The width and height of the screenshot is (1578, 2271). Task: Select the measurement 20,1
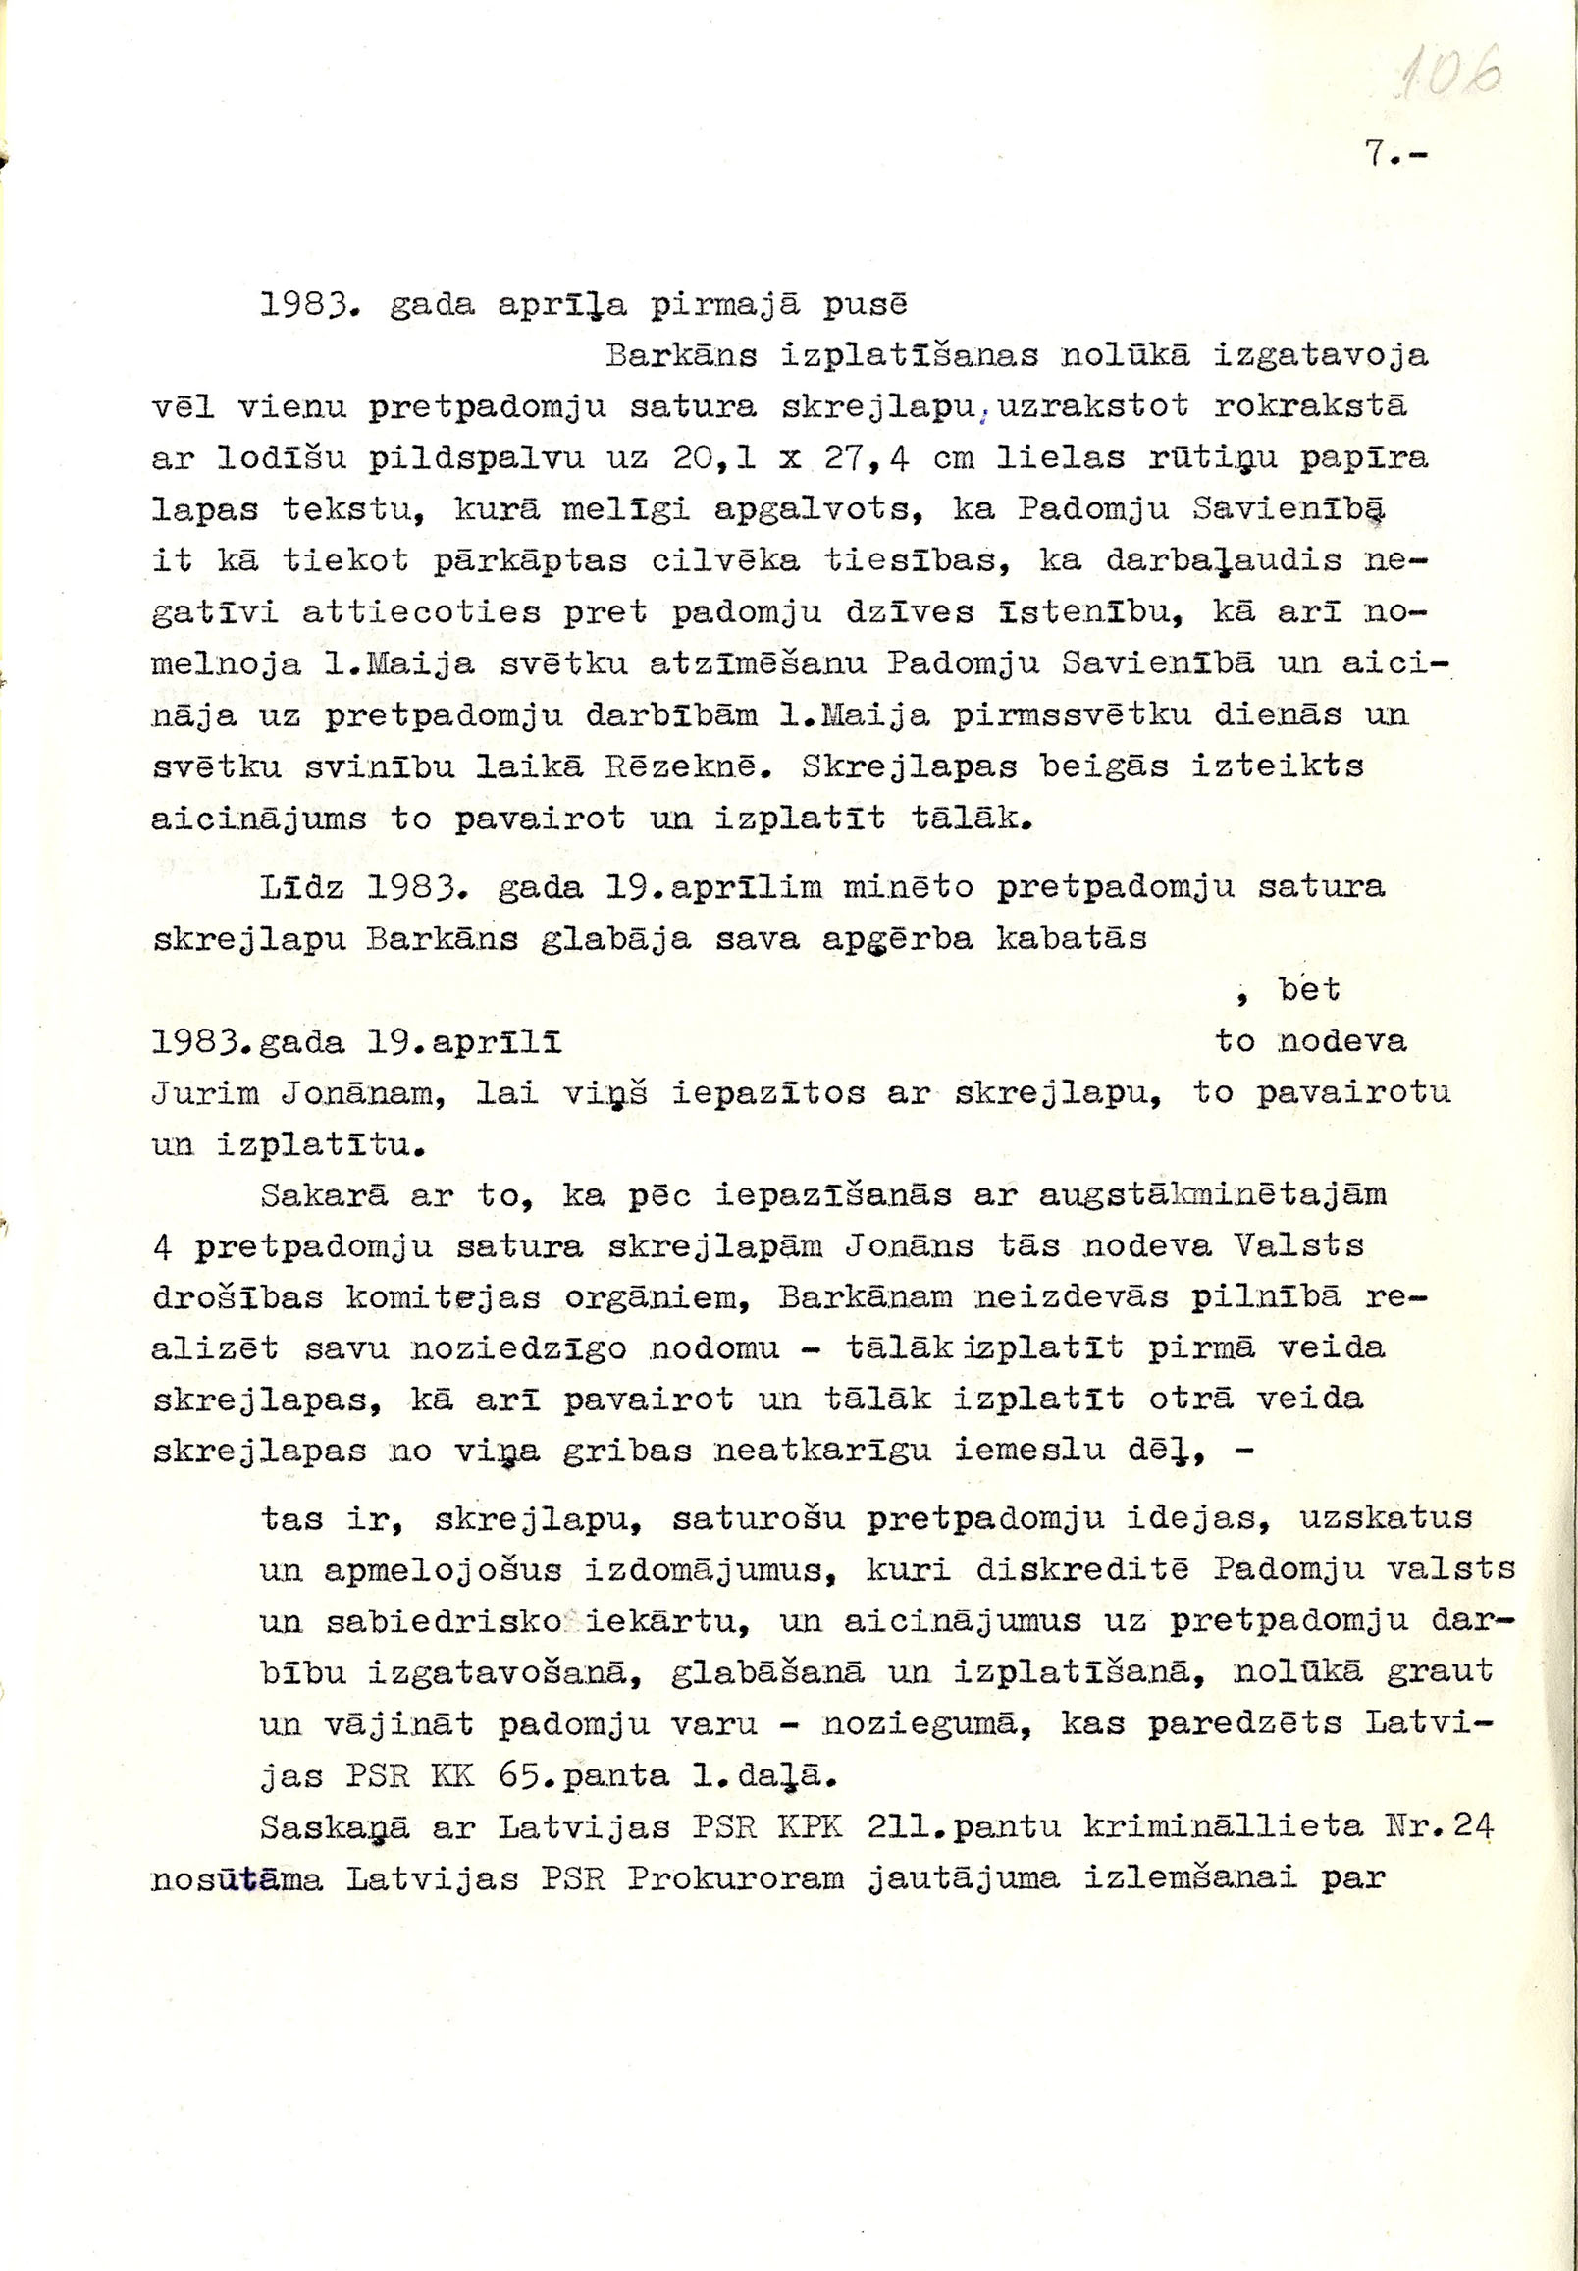(714, 458)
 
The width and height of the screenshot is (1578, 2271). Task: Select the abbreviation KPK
(810, 1827)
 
